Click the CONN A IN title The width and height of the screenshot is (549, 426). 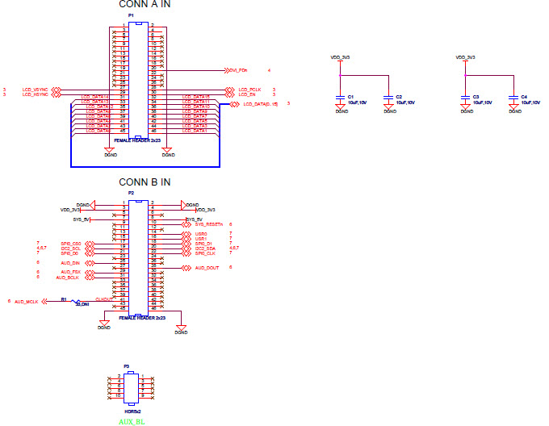145,5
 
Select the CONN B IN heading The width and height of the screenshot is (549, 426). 145,182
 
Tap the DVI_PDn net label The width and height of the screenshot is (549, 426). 238,70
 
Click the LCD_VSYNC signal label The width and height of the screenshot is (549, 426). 35,89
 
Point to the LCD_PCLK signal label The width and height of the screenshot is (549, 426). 249,89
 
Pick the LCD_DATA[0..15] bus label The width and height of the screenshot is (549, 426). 261,104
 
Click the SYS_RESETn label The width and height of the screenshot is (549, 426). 208,224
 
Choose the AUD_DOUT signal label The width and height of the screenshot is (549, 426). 207,267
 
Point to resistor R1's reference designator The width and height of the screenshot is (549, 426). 64,299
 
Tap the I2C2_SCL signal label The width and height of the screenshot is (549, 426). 71,248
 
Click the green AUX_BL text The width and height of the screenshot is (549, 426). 130,420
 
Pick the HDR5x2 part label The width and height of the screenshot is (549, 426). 132,411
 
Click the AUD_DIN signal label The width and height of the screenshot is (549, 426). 70,262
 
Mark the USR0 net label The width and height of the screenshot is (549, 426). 201,234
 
